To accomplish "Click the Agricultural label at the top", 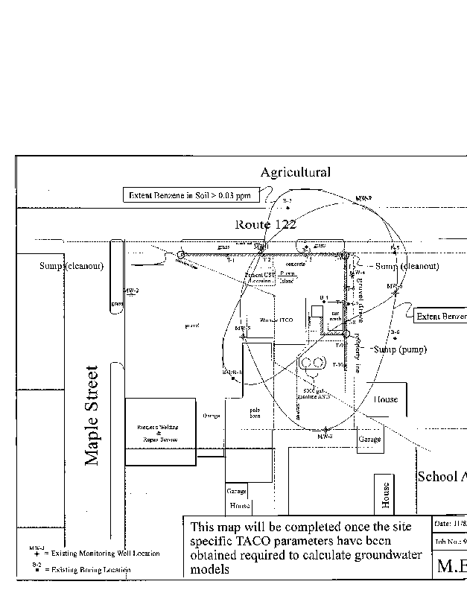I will (x=295, y=173).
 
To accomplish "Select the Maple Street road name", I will (x=92, y=415).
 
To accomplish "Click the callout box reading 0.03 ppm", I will (x=192, y=195).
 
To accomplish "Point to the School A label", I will (x=441, y=477).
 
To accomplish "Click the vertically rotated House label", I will (x=386, y=495).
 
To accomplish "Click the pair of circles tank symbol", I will (x=311, y=363).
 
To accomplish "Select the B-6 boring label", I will (x=394, y=333).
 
